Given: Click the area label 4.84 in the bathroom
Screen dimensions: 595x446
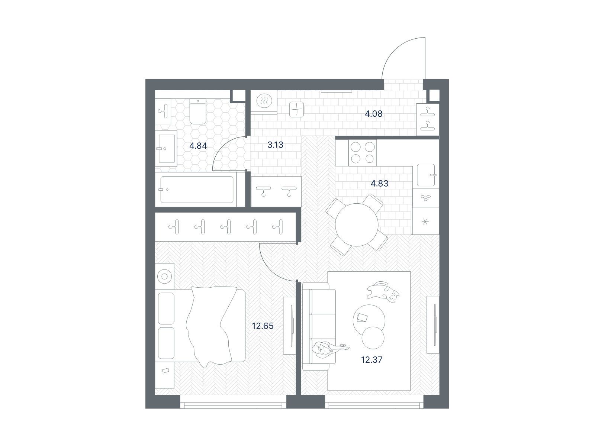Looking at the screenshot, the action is [x=198, y=146].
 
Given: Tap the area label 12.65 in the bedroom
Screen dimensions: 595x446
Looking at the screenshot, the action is [x=263, y=326].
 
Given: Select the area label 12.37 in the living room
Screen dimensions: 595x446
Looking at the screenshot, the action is [x=372, y=360].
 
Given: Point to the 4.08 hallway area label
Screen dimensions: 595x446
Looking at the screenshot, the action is [x=373, y=114].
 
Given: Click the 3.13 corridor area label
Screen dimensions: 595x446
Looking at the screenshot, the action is [x=275, y=145].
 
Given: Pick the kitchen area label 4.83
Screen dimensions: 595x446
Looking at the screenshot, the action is [x=380, y=184].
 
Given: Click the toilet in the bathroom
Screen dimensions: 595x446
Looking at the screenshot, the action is [x=198, y=111].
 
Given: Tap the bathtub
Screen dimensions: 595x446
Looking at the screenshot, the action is [x=197, y=190].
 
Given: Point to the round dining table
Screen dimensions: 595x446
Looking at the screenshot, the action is [x=357, y=225].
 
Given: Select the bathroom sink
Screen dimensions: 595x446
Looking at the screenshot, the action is [x=166, y=149].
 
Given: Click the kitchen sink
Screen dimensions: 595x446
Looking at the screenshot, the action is [x=426, y=175].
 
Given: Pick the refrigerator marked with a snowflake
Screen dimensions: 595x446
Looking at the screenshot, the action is [x=425, y=221].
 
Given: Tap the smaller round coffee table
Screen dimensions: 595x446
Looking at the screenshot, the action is [x=373, y=338].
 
